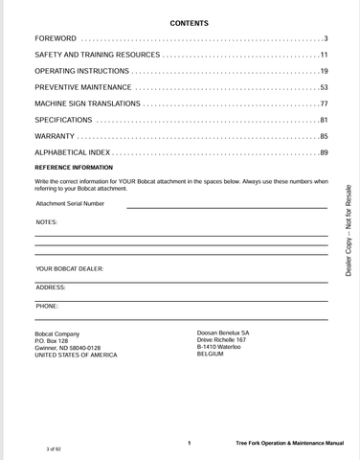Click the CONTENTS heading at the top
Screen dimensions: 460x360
(x=189, y=22)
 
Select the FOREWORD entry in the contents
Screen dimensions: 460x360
(x=56, y=38)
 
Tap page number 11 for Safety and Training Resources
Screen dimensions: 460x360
(x=324, y=56)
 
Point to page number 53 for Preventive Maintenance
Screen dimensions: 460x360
(x=324, y=87)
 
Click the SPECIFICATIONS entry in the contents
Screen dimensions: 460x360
(x=63, y=120)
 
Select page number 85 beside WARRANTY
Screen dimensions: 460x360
(x=324, y=136)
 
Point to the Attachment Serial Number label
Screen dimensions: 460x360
(x=70, y=203)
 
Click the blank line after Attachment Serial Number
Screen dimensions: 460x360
(x=226, y=205)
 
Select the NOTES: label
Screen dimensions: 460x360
(x=46, y=222)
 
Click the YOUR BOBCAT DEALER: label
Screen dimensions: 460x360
(x=70, y=269)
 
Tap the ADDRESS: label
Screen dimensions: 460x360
(x=51, y=287)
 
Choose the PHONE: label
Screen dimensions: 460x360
(x=47, y=306)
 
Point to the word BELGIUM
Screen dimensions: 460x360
(x=211, y=354)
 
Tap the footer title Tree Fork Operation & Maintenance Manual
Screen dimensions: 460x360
(x=289, y=444)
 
